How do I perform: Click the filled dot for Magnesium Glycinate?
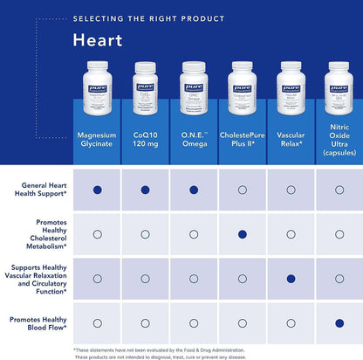[x=97, y=190]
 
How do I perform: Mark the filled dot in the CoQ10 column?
[x=145, y=190]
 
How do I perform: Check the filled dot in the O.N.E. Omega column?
[x=193, y=190]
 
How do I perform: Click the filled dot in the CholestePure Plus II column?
[x=242, y=234]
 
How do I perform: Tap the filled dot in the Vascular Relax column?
[x=291, y=279]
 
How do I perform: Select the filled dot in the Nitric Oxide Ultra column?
[x=339, y=323]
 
